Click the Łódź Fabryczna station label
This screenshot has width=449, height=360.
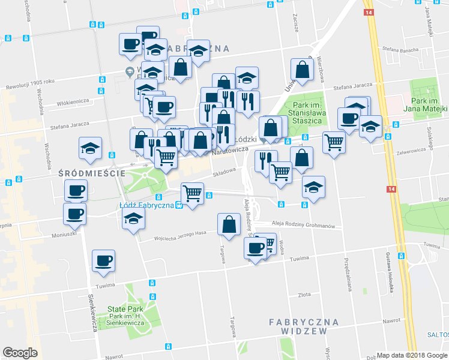click(146, 205)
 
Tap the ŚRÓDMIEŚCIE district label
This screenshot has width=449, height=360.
click(91, 173)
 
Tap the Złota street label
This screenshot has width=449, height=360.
click(305, 295)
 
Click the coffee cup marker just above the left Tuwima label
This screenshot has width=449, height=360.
click(103, 262)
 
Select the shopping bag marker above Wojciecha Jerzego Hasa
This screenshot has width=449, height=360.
click(229, 226)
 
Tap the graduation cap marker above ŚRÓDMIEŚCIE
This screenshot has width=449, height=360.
click(91, 149)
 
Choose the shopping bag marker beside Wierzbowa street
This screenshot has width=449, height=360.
click(303, 71)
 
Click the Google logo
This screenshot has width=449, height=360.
click(20, 353)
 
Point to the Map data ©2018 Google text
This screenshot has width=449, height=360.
click(412, 355)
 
